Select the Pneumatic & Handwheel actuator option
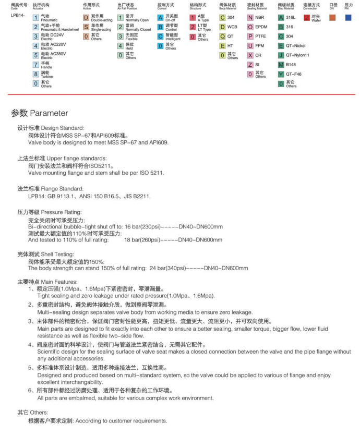coord(57,27)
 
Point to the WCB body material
coord(232,27)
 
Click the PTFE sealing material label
coord(260,37)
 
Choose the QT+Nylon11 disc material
coord(297,55)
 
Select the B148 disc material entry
coord(291,65)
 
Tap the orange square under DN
coord(332,18)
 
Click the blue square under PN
coord(347,18)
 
